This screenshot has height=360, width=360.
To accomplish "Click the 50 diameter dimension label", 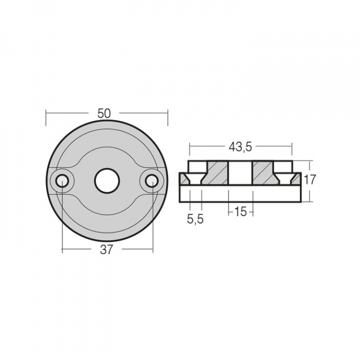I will [x=104, y=113].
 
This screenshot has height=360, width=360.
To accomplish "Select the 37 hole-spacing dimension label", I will [x=106, y=250].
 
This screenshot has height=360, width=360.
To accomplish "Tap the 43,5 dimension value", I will [x=240, y=147].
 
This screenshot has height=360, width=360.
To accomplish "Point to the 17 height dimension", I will [x=310, y=180].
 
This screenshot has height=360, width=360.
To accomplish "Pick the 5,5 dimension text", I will [x=195, y=218].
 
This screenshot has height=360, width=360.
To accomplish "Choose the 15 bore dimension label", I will [x=240, y=212].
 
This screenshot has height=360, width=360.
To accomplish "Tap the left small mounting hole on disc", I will [x=62, y=181].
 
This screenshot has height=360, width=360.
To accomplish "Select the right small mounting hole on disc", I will [x=152, y=181].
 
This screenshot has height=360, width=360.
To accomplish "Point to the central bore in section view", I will [x=240, y=173].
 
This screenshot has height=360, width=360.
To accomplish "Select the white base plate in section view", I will [x=240, y=193].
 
